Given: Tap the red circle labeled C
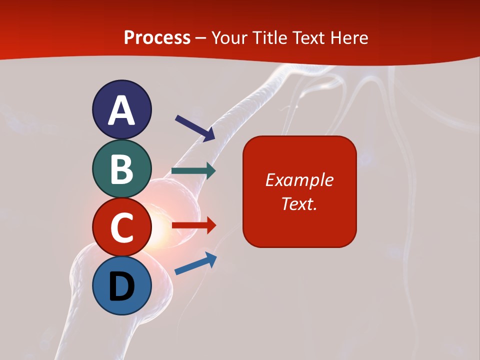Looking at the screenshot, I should (121, 226).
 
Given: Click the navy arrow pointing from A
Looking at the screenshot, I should (194, 127).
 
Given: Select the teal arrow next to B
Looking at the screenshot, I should (193, 171).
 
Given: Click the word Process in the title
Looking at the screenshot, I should (157, 38).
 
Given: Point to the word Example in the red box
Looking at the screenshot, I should (299, 180).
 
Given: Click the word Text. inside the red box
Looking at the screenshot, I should (299, 203).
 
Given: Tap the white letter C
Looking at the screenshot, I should (121, 227).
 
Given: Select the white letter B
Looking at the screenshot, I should (121, 169).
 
